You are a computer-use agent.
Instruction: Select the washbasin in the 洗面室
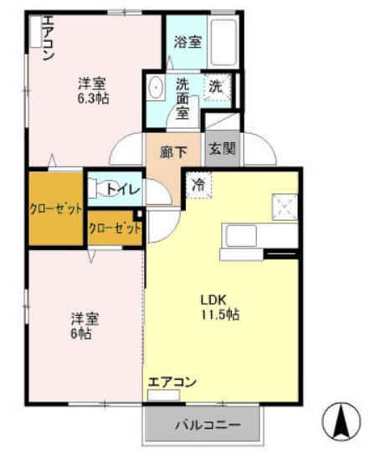[x=156, y=87]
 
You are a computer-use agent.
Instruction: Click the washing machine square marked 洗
[x=217, y=86]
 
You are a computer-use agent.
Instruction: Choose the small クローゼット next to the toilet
[x=114, y=228]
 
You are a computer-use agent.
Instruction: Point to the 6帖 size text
[x=81, y=333]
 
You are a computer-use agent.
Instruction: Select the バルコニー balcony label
[x=207, y=425]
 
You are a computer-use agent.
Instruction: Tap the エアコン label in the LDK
[x=172, y=382]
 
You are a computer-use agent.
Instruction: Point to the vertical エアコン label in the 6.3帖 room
[x=47, y=38]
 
